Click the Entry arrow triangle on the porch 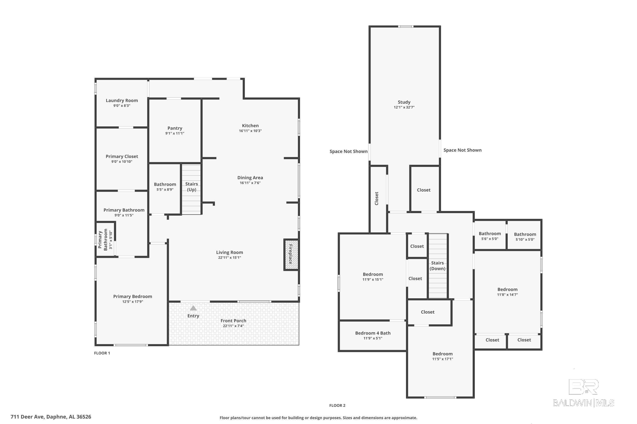pos(193,308)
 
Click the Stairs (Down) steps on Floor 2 pos(437,281)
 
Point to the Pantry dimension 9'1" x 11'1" pos(175,133)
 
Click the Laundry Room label pos(122,100)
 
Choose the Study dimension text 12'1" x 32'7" pos(404,107)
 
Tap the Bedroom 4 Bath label pos(373,333)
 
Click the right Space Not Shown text pos(462,150)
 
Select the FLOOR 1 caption pos(102,353)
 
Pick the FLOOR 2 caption pos(337,405)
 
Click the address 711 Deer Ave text pos(51,417)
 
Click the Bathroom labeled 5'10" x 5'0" pos(525,234)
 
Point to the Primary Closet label pos(122,156)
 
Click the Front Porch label pos(233,321)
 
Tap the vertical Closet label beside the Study pos(376,198)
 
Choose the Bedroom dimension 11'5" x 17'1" pos(442,359)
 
